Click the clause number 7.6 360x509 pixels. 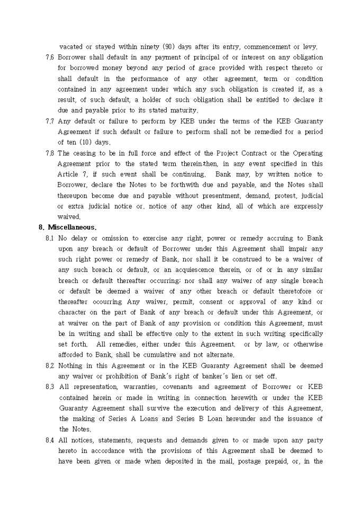pos(50,57)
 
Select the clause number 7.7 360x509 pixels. pos(50,122)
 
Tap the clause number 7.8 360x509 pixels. pos(50,153)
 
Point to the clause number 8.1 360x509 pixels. pos(50,239)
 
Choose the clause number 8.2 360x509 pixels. pos(50,366)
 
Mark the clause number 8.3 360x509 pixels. pos(50,387)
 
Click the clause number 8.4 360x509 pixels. pos(50,440)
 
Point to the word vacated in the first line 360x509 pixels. pos(72,47)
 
